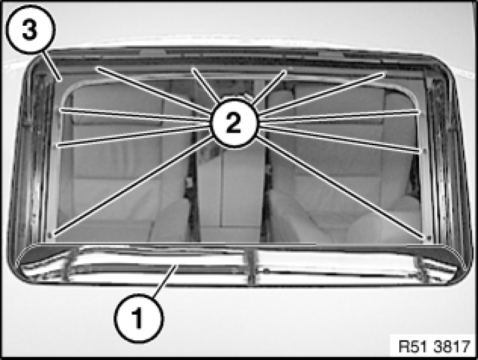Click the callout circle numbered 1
(x=139, y=318)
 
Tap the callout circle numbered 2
(x=234, y=123)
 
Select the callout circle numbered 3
(x=31, y=29)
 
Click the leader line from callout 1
(x=165, y=281)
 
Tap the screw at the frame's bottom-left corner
(x=50, y=235)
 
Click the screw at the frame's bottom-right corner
(x=429, y=237)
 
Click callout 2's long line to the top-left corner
(x=154, y=90)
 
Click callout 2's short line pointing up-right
(x=269, y=87)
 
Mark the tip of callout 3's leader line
(x=61, y=80)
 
